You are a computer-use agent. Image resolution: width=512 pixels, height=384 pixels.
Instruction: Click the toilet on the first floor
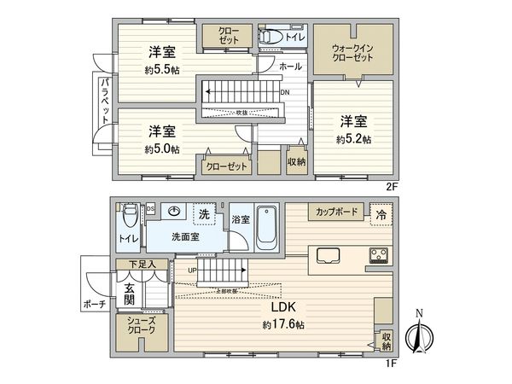(x=129, y=214)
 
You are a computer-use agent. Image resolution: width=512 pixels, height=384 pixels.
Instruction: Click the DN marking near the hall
(x=285, y=94)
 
